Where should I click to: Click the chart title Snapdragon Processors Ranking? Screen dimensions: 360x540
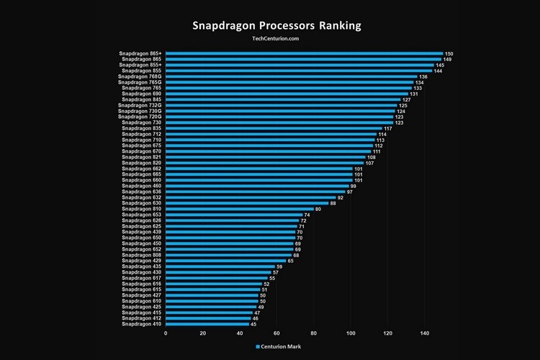point(276,26)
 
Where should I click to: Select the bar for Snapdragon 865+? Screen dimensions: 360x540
point(304,53)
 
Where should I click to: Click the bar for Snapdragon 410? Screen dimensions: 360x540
point(207,324)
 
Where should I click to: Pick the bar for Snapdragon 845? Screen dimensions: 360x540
point(283,99)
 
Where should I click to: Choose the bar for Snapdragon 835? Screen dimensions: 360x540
point(274,128)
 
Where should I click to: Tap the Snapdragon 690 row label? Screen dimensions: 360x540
point(142,94)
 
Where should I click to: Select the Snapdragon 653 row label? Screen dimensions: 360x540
point(142,215)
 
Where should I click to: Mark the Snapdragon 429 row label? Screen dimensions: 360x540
point(142,261)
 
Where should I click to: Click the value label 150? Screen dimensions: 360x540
point(449,54)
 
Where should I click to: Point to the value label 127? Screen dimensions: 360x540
point(406,100)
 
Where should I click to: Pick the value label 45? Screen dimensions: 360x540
point(253,325)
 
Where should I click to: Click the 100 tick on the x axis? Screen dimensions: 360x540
point(351,333)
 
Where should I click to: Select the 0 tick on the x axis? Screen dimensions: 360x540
point(166,333)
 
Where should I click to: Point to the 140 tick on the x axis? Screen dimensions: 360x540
point(425,333)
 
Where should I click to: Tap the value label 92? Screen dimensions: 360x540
point(341,198)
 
